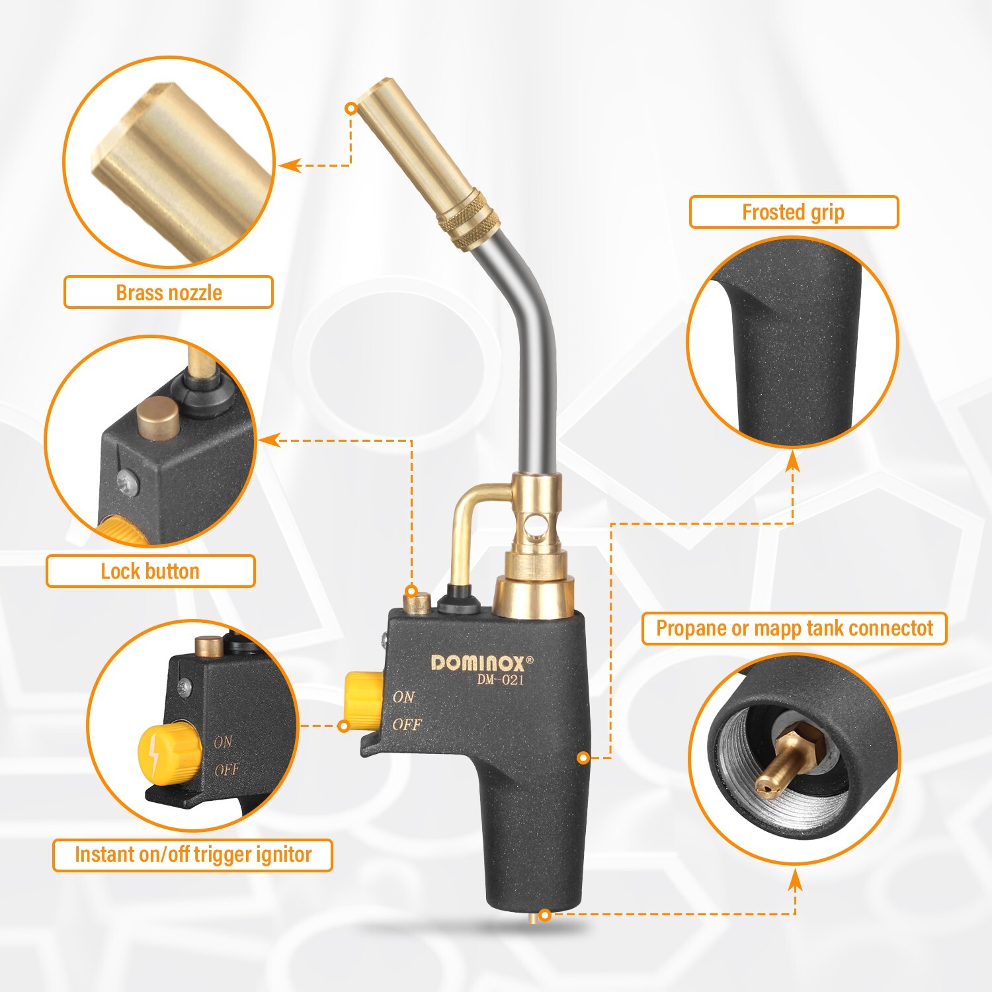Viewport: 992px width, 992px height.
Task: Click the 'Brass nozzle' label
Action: click(x=168, y=292)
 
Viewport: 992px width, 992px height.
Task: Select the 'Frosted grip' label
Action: click(x=793, y=212)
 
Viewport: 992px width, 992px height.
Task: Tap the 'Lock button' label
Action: click(x=150, y=571)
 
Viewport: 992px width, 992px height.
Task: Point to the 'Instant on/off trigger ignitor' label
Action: click(x=192, y=855)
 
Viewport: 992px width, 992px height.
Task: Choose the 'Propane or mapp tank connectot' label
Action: click(x=794, y=628)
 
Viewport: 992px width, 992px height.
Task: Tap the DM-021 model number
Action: click(x=500, y=680)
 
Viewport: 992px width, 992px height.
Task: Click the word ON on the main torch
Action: click(x=403, y=697)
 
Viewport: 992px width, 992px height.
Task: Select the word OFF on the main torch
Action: click(x=406, y=725)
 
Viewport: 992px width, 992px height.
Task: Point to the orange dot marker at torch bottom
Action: click(x=544, y=915)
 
